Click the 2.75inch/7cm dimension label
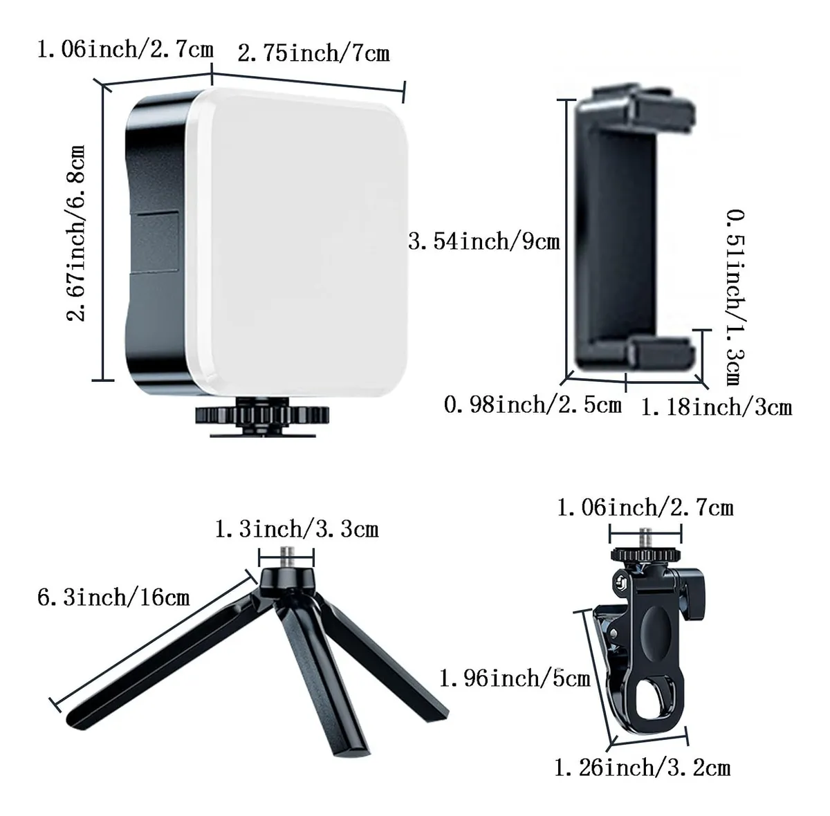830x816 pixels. click(313, 53)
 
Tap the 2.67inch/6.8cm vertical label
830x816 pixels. click(76, 234)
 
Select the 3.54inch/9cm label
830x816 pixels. click(483, 241)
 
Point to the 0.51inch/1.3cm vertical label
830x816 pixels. click(736, 297)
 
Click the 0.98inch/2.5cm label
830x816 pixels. click(533, 405)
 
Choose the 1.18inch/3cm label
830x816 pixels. click(717, 407)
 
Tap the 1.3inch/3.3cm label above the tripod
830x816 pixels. click(297, 530)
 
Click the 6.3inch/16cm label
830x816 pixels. click(113, 598)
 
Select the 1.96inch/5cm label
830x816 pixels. click(515, 678)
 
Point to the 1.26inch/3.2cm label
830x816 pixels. click(642, 768)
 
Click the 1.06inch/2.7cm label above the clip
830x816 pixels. click(645, 508)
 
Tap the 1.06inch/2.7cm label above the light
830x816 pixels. click(125, 49)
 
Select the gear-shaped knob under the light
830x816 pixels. click(262, 414)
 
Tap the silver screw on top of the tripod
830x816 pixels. click(286, 557)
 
